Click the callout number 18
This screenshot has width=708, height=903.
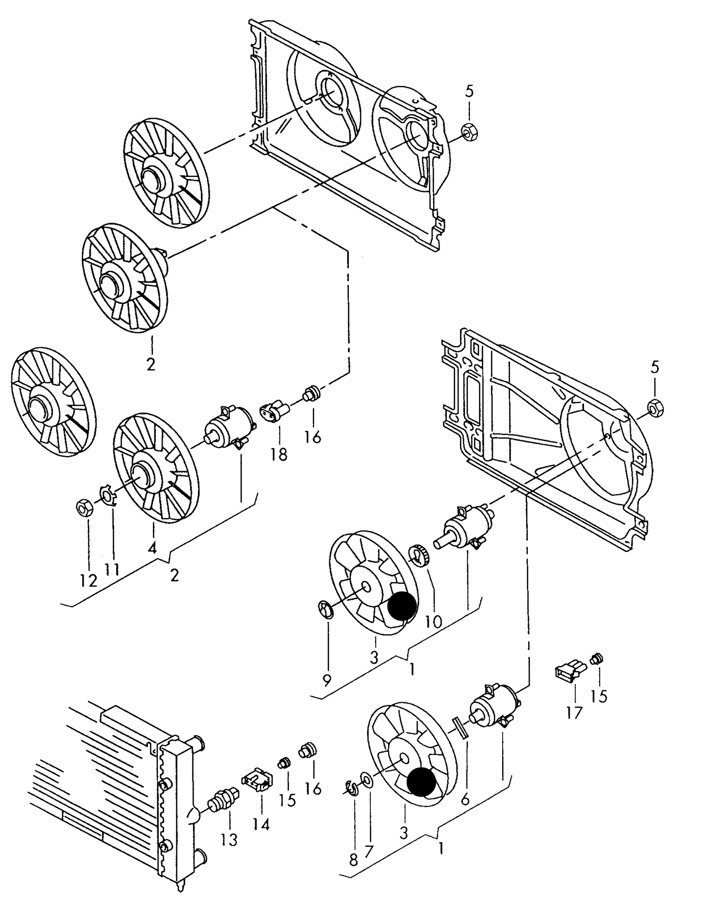click(279, 454)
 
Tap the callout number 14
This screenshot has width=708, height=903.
click(261, 825)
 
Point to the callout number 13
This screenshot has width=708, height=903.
click(228, 840)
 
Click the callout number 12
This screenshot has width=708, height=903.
click(89, 580)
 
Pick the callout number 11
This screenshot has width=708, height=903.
click(112, 570)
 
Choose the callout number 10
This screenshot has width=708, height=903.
click(433, 622)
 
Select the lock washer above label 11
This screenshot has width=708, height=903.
click(107, 495)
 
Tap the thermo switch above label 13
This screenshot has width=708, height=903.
click(223, 802)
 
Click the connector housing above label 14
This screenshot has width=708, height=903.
click(257, 779)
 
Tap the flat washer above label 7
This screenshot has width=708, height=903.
click(366, 779)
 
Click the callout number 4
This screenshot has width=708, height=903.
click(152, 548)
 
